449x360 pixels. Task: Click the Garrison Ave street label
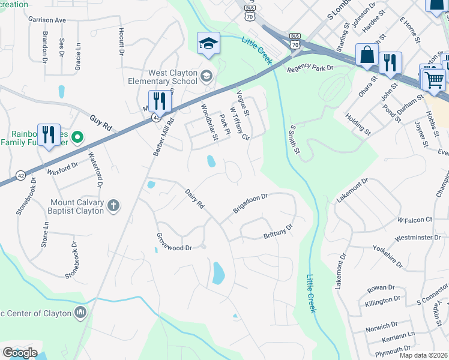[47, 20]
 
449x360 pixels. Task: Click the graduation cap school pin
[208, 44]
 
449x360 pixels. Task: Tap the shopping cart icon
[433, 79]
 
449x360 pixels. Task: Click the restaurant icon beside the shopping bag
[391, 62]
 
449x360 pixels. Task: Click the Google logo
[20, 353]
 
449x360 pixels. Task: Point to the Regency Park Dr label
[310, 69]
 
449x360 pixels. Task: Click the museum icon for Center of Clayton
[80, 313]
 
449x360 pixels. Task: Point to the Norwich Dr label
[382, 328]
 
